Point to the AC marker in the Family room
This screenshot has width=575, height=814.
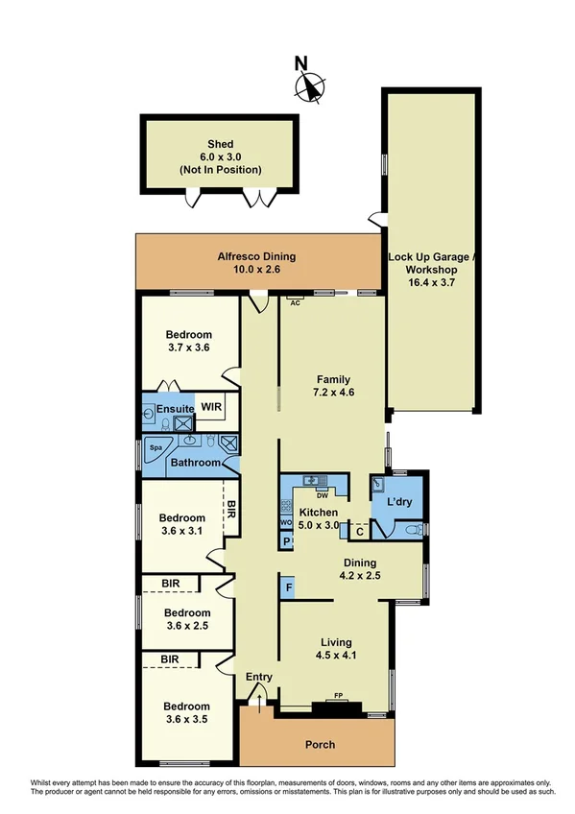click(296, 303)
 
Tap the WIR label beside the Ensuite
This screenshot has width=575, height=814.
click(210, 408)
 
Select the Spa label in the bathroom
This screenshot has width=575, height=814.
click(154, 447)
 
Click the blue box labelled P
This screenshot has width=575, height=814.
click(285, 542)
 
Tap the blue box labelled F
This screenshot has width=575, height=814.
click(287, 587)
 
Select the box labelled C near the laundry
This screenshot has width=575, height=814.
click(358, 531)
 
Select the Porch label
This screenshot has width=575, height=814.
click(321, 745)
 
